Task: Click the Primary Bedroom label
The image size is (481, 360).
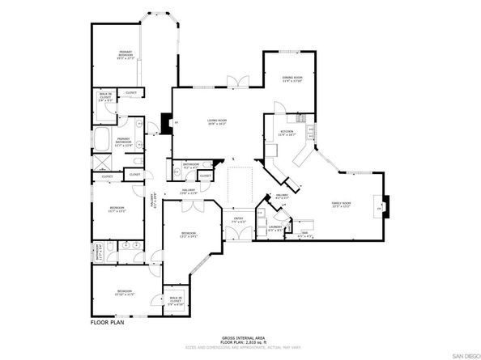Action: [125, 55]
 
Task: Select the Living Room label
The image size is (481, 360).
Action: [216, 122]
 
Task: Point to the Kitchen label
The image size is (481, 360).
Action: [286, 134]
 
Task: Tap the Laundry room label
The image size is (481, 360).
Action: [275, 229]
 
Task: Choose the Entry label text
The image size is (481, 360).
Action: [238, 220]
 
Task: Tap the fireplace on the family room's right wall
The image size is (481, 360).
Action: [384, 208]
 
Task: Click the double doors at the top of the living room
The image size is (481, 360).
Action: [236, 83]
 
